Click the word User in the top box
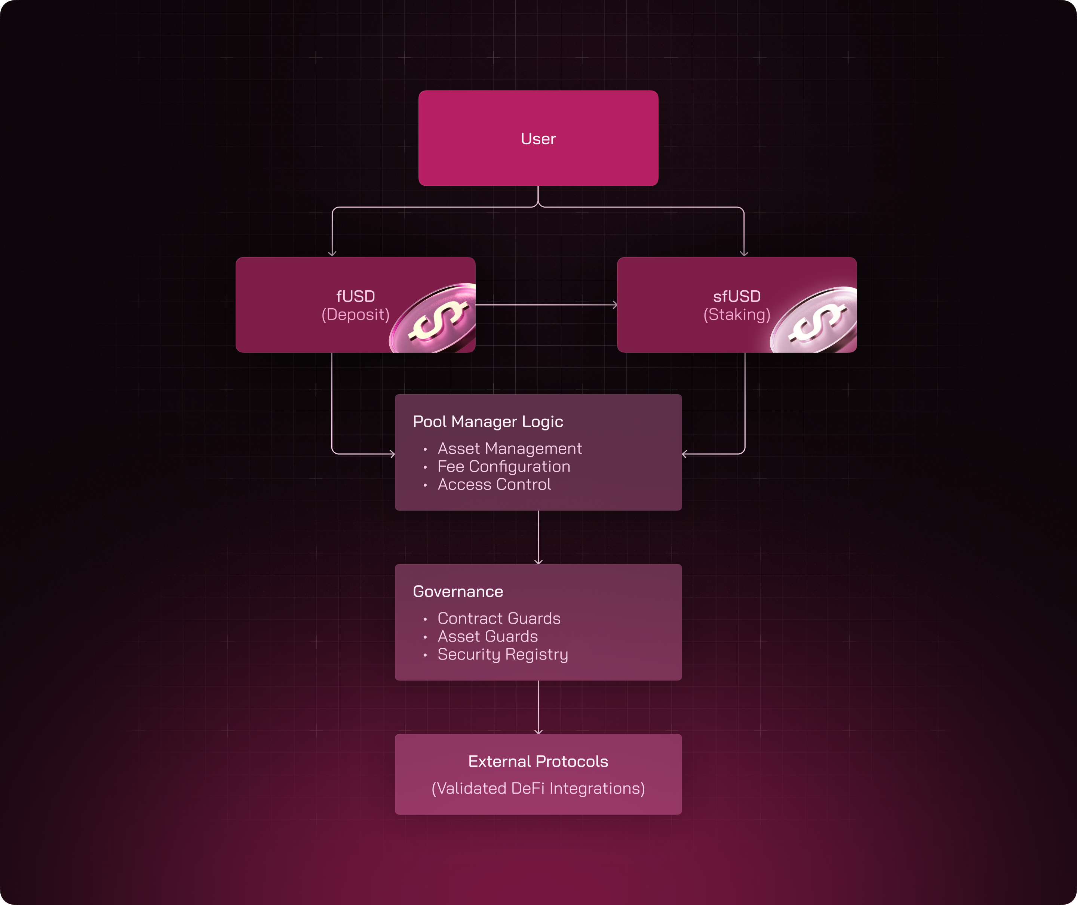pos(538,139)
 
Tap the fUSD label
pos(355,296)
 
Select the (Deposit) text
pos(355,315)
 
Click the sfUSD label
pos(737,296)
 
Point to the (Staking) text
pos(737,315)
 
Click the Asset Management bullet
pos(509,448)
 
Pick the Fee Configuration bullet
pos(504,466)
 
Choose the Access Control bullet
pos(494,484)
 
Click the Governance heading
pos(458,592)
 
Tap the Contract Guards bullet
pos(498,618)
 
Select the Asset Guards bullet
pos(487,636)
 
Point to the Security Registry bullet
pos(503,654)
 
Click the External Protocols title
pos(538,762)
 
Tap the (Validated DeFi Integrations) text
pos(538,788)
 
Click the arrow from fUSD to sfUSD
pos(546,305)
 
